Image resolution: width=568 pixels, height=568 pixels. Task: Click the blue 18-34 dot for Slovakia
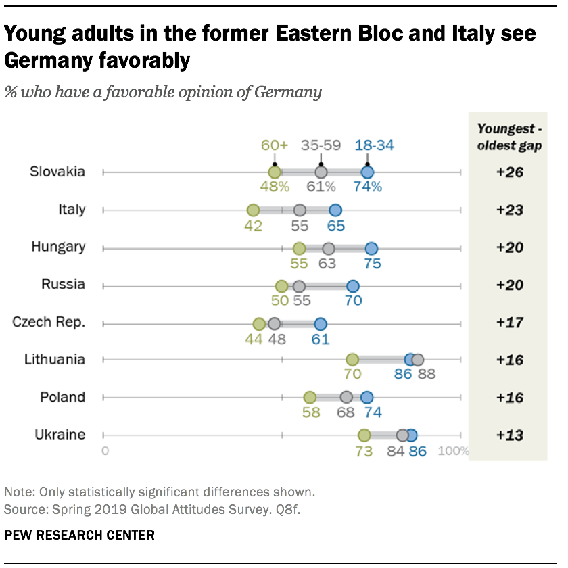coord(367,172)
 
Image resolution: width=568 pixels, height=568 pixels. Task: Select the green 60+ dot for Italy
coord(253,210)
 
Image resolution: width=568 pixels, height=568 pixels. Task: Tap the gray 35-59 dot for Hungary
coord(329,248)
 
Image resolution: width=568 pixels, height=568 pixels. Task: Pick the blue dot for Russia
coord(353,285)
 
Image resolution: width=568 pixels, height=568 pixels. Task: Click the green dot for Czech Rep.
coord(259,323)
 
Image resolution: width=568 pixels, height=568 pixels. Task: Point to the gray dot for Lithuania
coord(418,360)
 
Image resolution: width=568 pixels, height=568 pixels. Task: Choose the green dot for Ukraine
coord(364,435)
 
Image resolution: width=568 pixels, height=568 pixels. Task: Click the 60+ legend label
coord(274,145)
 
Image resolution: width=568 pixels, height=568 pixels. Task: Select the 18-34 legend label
coord(374,145)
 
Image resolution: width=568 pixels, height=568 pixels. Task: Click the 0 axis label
coord(105,451)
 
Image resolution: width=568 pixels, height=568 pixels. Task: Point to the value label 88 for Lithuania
coord(427,375)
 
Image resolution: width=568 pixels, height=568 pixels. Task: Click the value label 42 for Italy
coord(253,225)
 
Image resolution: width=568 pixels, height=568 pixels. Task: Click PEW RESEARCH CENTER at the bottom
coord(79,536)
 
